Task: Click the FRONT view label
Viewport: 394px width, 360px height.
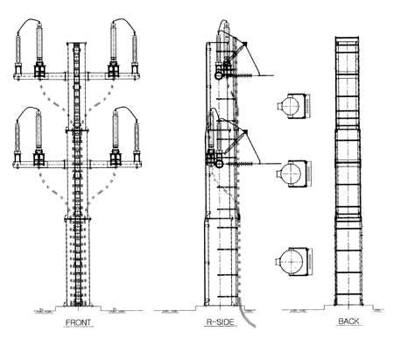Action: coord(78,322)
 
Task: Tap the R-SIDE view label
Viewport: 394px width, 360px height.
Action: coord(221,322)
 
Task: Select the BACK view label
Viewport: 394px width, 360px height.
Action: coord(348,321)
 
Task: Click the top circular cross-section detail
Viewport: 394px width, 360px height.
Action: coord(293,106)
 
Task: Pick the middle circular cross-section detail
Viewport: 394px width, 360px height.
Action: coord(293,173)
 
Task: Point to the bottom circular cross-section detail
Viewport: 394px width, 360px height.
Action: coord(293,261)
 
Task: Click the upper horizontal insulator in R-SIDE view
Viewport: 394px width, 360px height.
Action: coord(243,75)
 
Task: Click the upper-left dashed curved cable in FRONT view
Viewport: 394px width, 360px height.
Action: coord(51,100)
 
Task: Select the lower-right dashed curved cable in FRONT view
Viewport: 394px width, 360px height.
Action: coord(102,187)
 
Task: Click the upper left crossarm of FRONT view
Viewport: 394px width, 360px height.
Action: coord(40,76)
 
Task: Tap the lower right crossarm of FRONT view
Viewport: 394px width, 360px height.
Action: coord(116,164)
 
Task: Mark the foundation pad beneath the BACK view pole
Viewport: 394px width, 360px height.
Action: coord(348,307)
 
